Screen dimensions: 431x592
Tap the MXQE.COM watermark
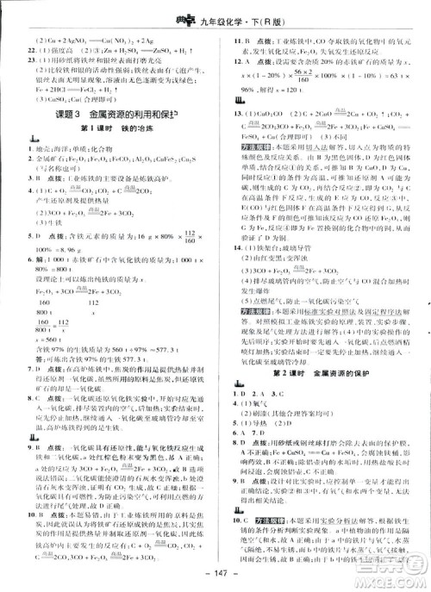pos(396,575)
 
